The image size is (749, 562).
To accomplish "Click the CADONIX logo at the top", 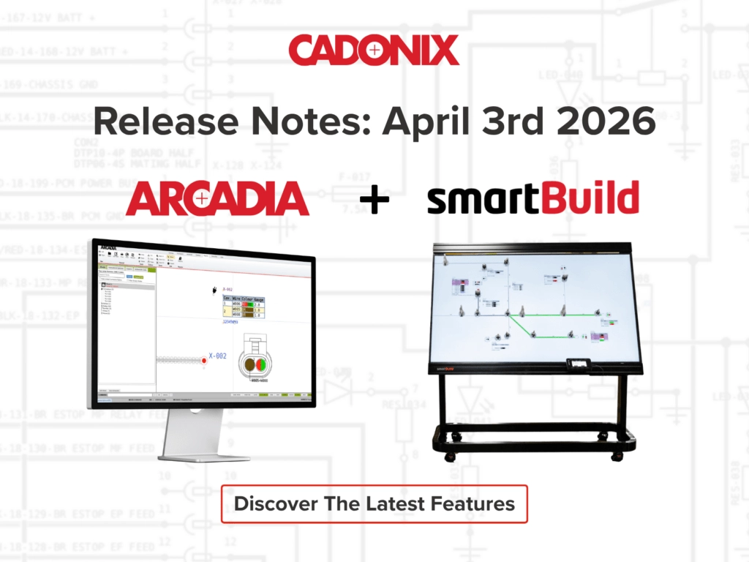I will pyautogui.click(x=374, y=50).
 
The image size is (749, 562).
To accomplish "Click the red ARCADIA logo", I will pyautogui.click(x=217, y=198).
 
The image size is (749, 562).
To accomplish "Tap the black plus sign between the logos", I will pyautogui.click(x=374, y=199).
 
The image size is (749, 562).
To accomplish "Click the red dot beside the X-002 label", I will pyautogui.click(x=205, y=360).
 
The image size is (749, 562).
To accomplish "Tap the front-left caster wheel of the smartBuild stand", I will pyautogui.click(x=448, y=456).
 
